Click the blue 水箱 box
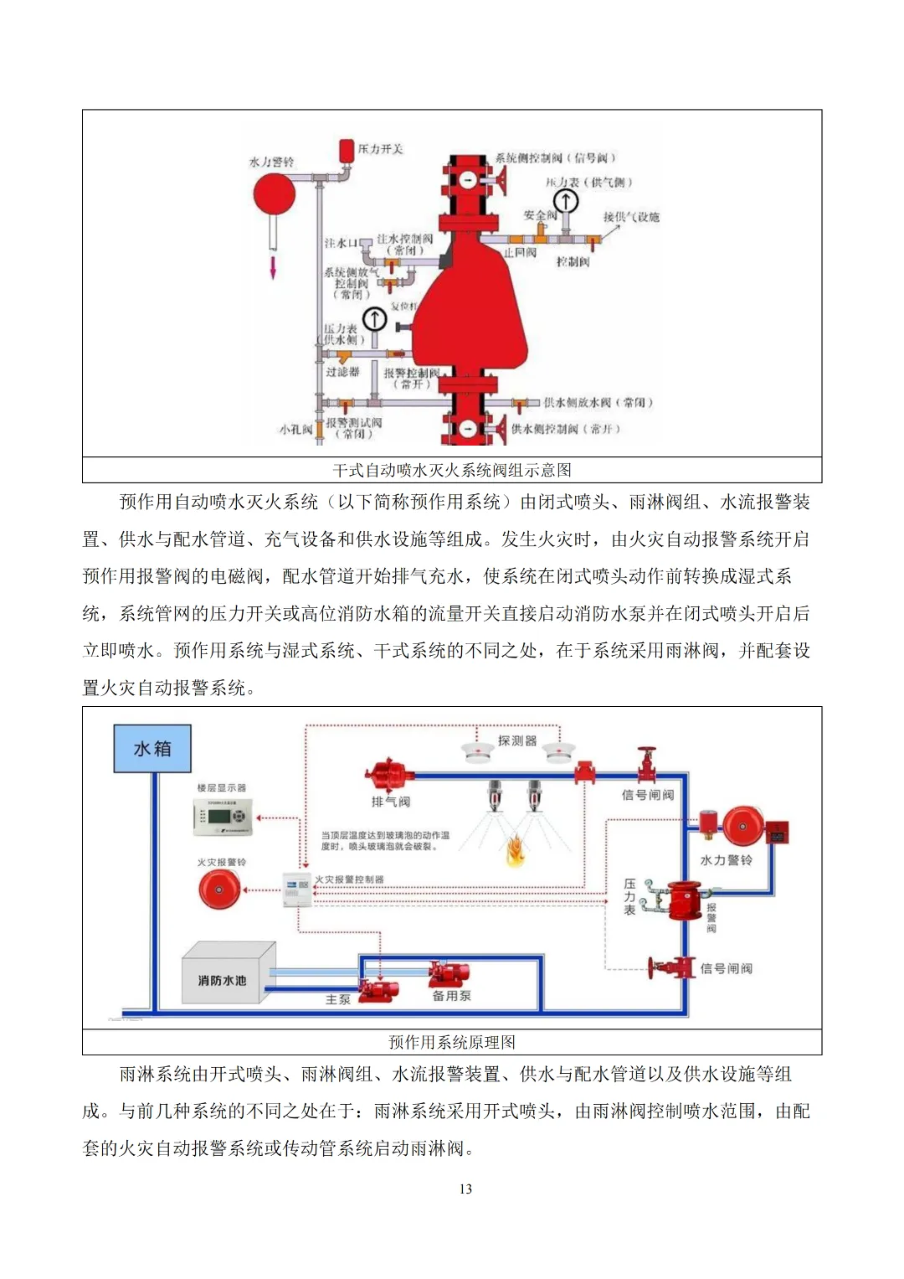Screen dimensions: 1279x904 152,748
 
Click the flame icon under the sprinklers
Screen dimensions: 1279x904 514,850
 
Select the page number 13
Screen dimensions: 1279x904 465,1189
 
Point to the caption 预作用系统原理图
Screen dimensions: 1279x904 452,1042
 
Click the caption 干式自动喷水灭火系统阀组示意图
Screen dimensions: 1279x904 452,470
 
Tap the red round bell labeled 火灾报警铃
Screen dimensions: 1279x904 219,889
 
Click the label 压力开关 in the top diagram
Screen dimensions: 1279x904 381,149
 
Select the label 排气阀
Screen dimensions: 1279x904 391,802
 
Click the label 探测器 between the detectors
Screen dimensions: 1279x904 516,740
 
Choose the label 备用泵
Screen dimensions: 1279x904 451,996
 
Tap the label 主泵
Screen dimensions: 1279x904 338,999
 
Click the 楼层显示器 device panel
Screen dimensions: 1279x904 223,817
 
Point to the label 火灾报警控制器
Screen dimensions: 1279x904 349,879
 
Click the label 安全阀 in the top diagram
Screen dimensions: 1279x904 540,215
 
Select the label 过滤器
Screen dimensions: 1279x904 342,371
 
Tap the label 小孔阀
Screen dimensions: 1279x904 295,429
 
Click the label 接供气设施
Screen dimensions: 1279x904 631,217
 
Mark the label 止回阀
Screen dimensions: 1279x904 520,252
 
